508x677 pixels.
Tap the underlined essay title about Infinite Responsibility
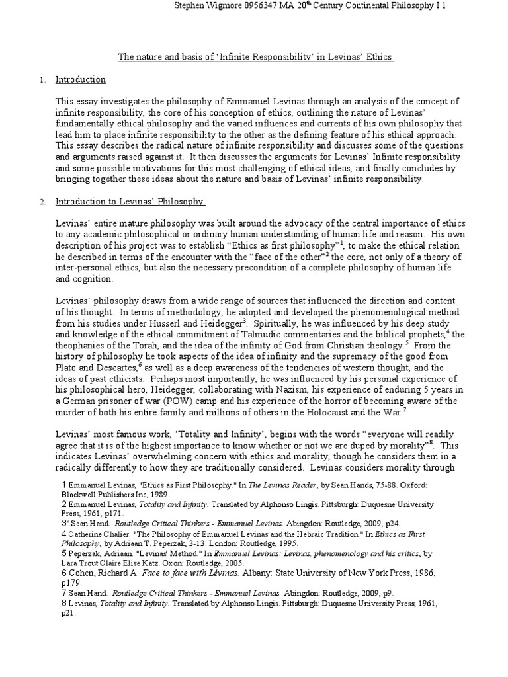click(256, 58)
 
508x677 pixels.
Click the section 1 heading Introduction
click(81, 79)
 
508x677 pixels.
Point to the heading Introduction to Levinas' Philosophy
click(130, 201)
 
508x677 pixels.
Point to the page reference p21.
click(68, 612)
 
